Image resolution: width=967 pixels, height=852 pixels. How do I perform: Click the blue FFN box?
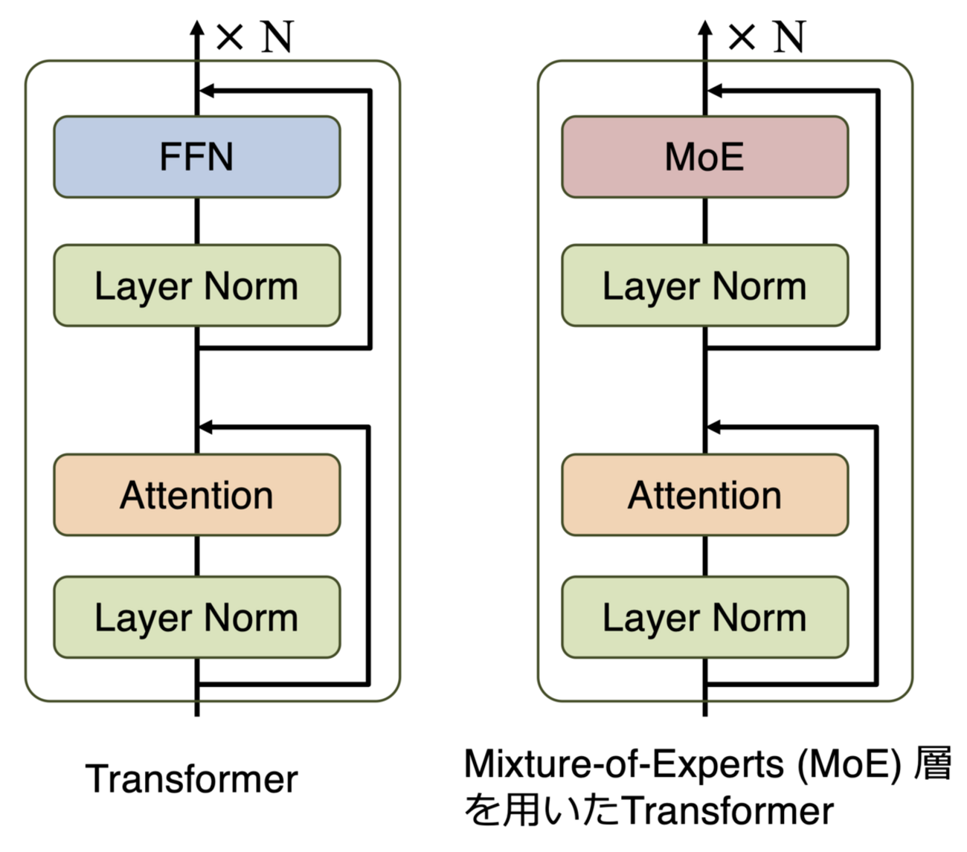pos(196,157)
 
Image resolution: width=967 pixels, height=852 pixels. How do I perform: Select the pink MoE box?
pos(704,157)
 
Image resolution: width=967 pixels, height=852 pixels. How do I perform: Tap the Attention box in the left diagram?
pos(196,495)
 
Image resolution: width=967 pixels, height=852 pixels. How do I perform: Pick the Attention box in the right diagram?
pos(704,495)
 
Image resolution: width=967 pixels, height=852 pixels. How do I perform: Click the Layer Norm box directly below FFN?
pos(196,285)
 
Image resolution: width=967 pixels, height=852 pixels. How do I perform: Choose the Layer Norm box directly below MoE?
pos(704,285)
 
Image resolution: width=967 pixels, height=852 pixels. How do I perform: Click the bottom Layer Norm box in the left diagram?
pos(196,617)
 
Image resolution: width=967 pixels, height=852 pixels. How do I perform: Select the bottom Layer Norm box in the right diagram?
pos(704,617)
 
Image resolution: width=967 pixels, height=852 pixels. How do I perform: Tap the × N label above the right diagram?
pos(766,36)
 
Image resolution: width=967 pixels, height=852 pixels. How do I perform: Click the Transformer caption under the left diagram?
pos(192,779)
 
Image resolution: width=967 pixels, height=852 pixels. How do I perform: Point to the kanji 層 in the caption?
pos(933,764)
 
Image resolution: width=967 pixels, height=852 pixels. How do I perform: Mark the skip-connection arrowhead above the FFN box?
pos(206,91)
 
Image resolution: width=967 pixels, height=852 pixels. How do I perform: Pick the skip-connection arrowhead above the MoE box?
pos(714,91)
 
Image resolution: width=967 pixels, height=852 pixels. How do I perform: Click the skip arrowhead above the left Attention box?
pos(206,427)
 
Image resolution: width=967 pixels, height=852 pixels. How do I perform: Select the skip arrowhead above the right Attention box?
pos(714,427)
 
